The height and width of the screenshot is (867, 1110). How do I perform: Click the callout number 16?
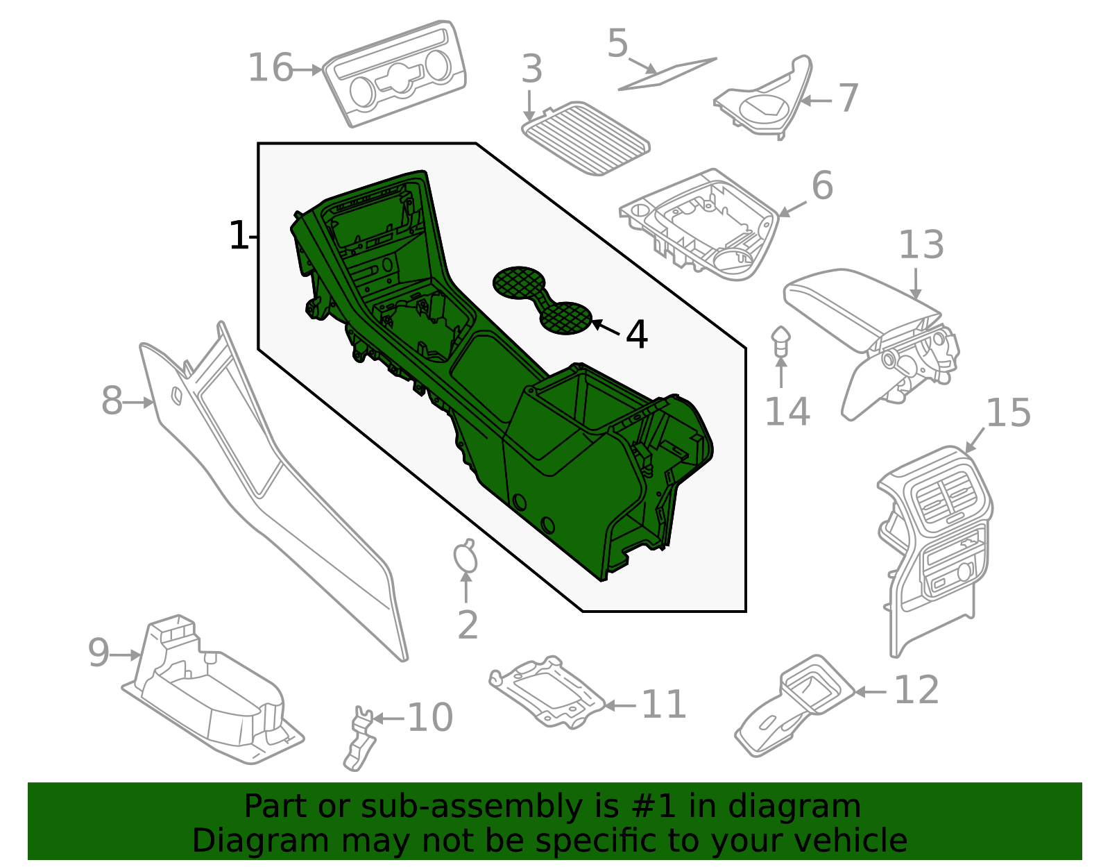271,68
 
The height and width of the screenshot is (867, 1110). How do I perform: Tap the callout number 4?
636,335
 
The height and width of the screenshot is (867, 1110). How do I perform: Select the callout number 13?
921,245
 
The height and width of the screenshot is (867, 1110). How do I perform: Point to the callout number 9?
99,653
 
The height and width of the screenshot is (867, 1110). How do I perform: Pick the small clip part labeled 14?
780,342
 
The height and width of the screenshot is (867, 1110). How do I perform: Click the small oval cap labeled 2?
466,557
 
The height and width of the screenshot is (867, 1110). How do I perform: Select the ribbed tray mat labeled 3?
586,139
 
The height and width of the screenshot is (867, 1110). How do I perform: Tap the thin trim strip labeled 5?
667,74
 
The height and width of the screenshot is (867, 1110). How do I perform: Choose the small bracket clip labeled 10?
359,738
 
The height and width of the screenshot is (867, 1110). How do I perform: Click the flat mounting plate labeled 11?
547,693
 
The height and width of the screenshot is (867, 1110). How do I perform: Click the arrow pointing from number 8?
139,403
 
